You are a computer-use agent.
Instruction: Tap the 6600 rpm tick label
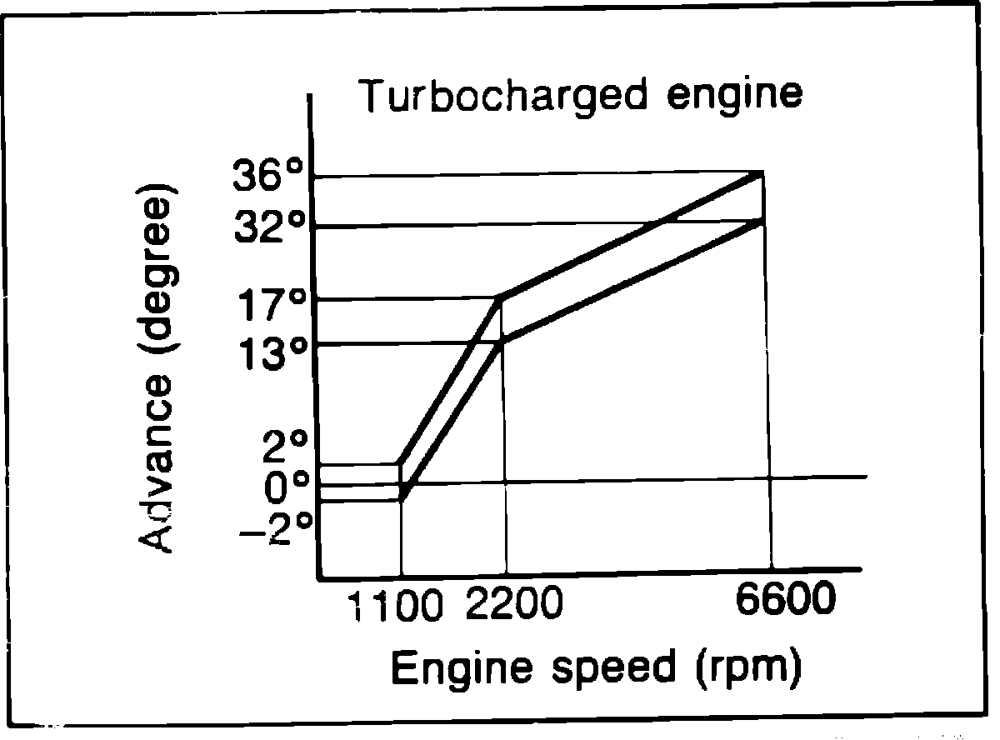pos(784,601)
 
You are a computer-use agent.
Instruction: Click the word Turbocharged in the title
pos(503,96)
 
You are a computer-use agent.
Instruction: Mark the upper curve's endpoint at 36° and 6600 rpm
pos(760,173)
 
